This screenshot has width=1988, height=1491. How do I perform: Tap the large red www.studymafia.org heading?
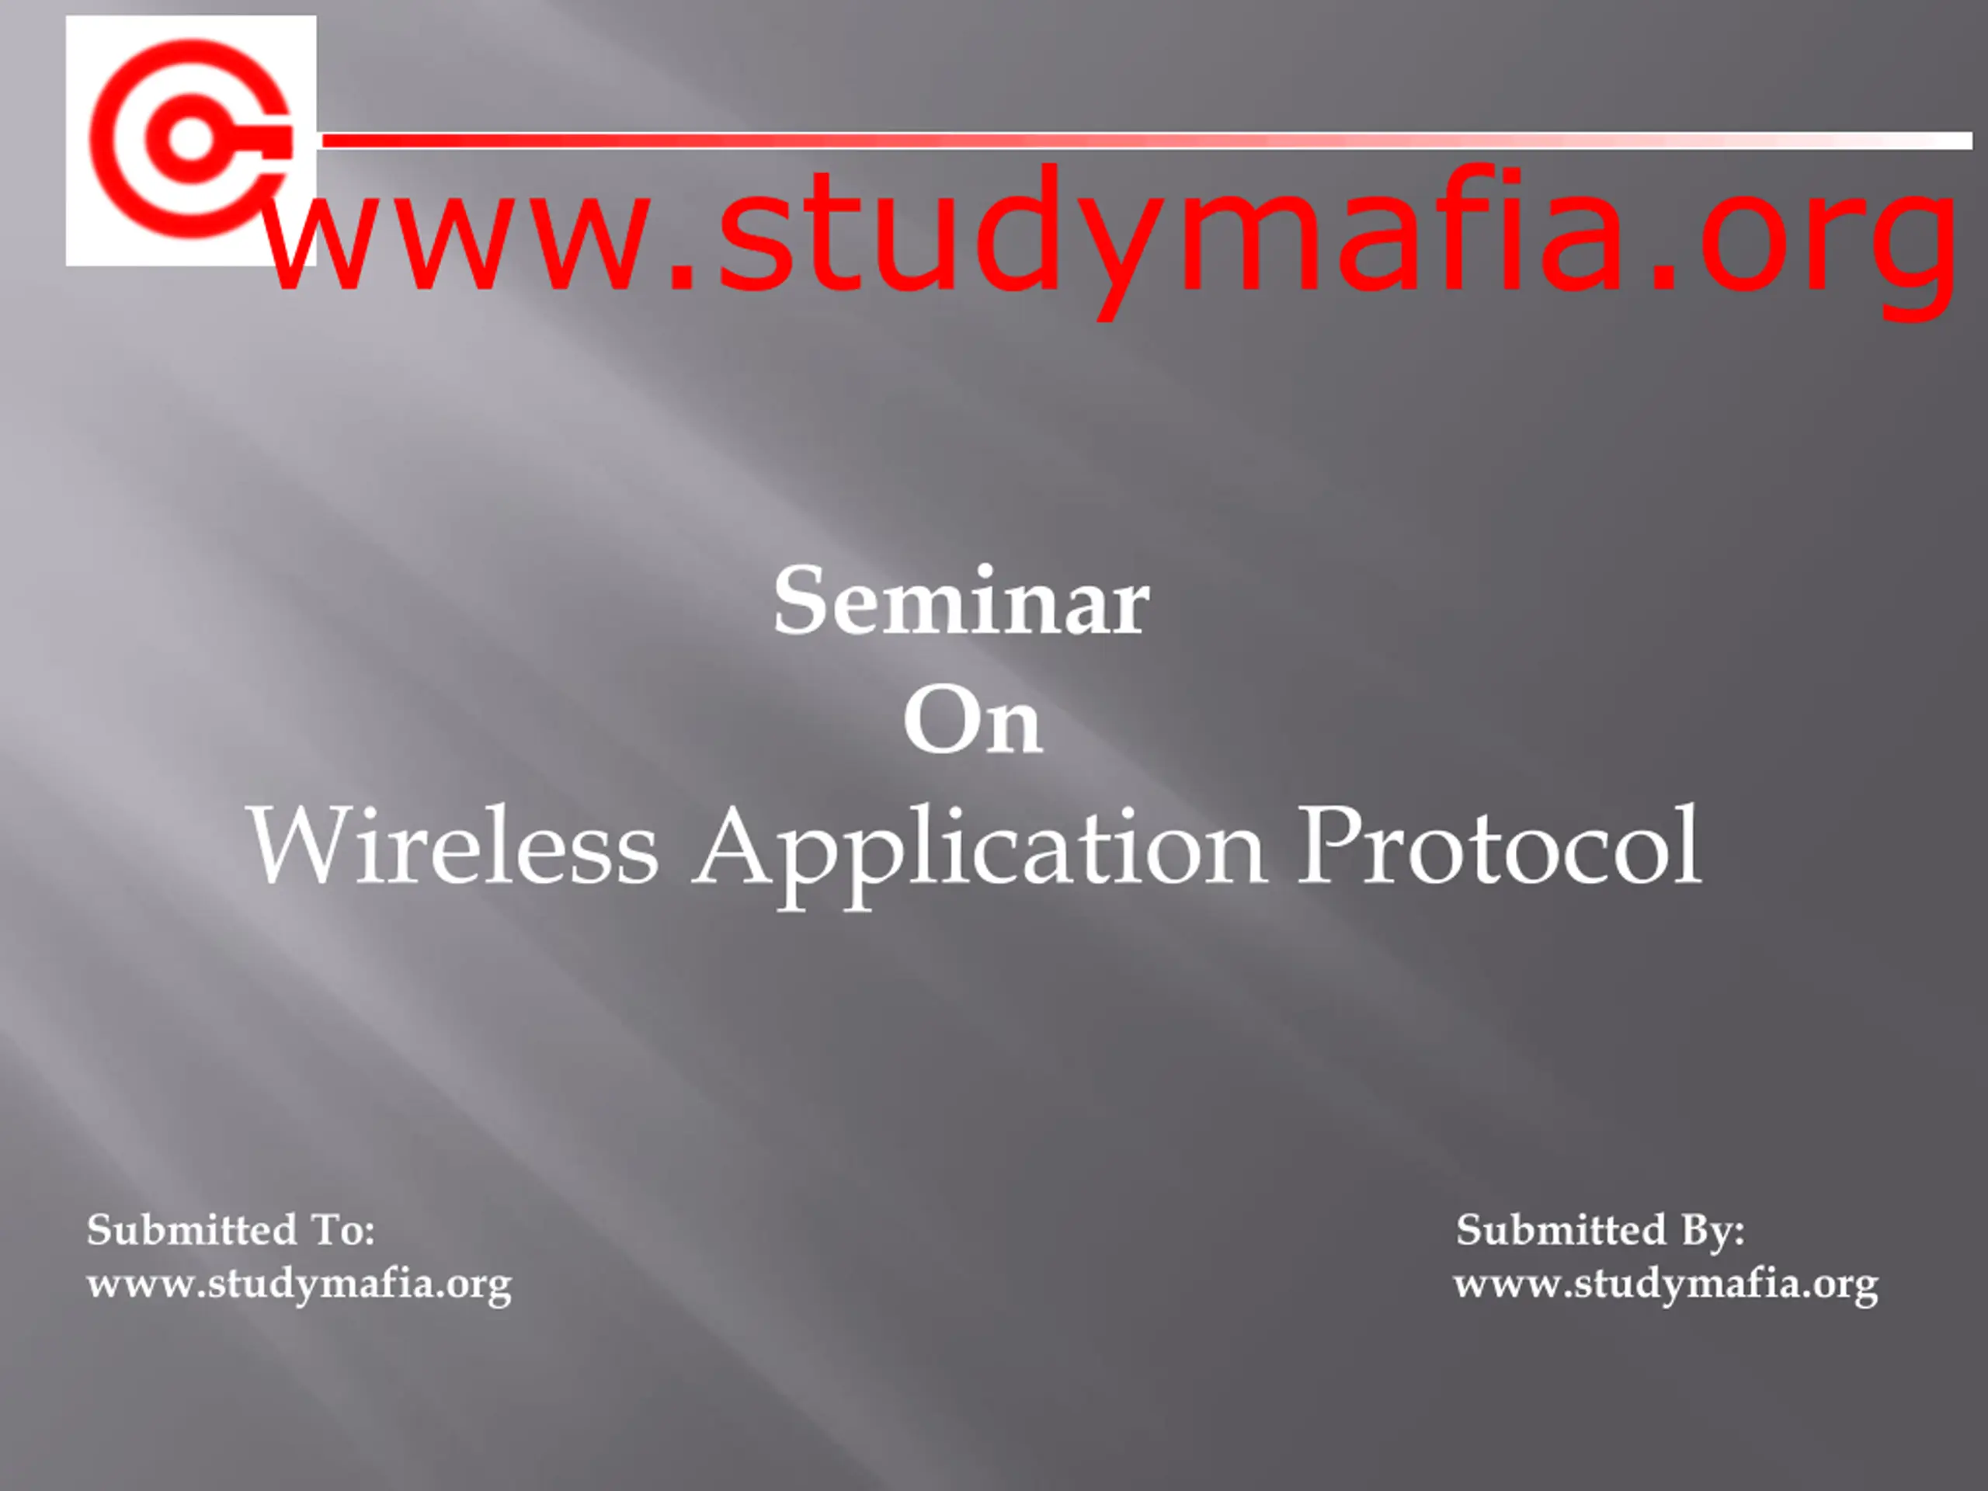point(1110,241)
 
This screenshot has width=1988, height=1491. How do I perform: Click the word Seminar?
point(961,601)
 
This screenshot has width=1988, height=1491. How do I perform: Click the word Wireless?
point(453,846)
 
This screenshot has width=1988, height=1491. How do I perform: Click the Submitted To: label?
point(231,1229)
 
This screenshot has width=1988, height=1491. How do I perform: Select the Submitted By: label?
point(1600,1229)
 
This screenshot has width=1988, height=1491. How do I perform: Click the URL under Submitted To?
point(299,1284)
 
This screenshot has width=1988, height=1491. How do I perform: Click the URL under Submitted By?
point(1667,1284)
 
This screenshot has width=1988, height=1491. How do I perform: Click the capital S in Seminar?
point(796,601)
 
